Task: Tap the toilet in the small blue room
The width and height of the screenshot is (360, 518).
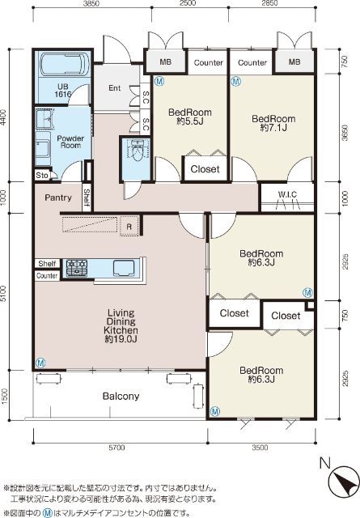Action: point(137,151)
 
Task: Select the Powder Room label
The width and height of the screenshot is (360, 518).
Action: point(70,142)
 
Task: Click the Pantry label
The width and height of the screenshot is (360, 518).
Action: point(58,197)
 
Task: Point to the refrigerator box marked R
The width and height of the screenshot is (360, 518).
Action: point(129,227)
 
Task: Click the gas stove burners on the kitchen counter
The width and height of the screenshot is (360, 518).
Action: point(77,268)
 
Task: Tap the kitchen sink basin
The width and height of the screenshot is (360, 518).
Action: point(124,268)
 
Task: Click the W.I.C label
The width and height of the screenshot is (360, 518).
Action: point(287,194)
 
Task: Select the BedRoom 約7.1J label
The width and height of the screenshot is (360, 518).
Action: point(273,123)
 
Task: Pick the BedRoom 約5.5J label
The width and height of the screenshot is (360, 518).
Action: point(189,117)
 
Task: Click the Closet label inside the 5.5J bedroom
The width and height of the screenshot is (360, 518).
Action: point(205,169)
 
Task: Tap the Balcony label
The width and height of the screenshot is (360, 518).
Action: point(121,396)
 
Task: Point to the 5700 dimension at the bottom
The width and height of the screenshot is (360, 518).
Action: point(116,448)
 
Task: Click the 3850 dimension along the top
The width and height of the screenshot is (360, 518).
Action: point(91,3)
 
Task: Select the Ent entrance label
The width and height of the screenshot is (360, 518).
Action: point(115,88)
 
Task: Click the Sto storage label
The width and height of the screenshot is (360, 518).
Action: point(42,175)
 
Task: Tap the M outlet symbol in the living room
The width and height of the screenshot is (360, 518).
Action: point(40,363)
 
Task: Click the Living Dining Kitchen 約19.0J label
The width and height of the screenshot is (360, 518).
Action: point(121,325)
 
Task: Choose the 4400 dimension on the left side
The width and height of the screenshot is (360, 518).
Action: point(3,116)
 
